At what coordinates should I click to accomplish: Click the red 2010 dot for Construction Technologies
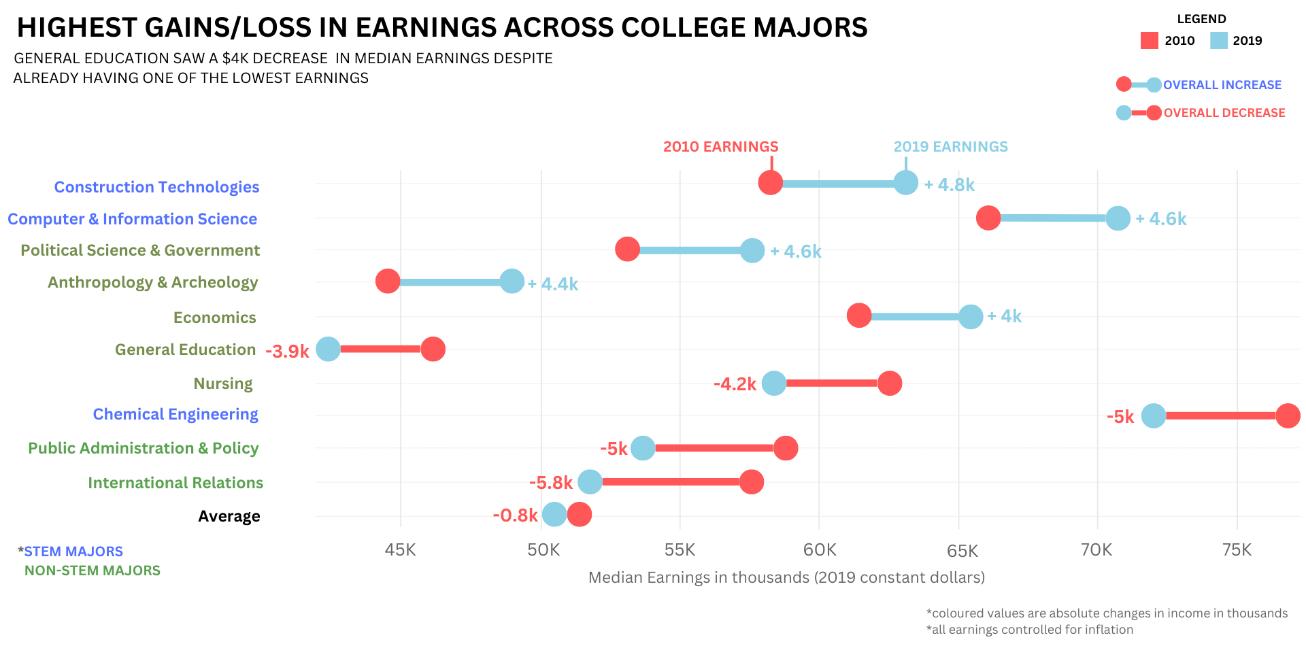click(x=770, y=183)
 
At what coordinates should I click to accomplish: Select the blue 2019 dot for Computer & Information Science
click(x=1118, y=218)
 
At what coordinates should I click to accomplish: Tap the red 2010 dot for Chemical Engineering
click(x=1288, y=415)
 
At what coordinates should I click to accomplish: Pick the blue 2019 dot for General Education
click(x=328, y=349)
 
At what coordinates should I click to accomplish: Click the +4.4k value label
click(x=553, y=284)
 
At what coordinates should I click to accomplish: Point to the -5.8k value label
click(x=551, y=483)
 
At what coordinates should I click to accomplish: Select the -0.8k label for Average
click(x=515, y=515)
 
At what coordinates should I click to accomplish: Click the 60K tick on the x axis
click(x=820, y=549)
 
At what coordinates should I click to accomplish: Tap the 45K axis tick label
click(x=400, y=549)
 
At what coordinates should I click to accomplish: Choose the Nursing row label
click(x=223, y=384)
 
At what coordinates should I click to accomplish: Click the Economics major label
click(x=215, y=318)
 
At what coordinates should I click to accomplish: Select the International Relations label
click(x=175, y=483)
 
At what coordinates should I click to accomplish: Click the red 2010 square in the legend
click(x=1150, y=41)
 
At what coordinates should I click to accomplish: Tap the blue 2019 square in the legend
click(x=1219, y=41)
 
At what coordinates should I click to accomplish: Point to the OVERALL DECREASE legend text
click(x=1224, y=113)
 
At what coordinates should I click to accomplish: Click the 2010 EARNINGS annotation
click(x=720, y=147)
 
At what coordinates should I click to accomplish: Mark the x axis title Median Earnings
click(x=786, y=577)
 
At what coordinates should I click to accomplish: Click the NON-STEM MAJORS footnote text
click(x=93, y=571)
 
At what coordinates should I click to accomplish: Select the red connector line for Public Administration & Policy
click(x=714, y=448)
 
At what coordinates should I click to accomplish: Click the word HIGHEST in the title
click(x=77, y=28)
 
